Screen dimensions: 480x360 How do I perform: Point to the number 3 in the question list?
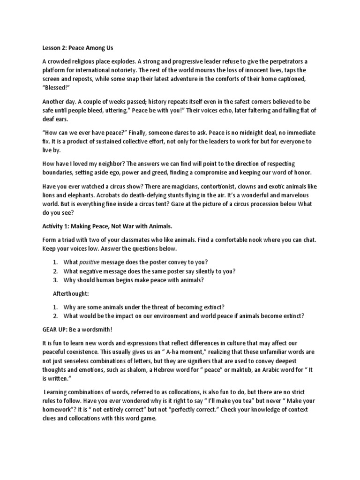[54, 280]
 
